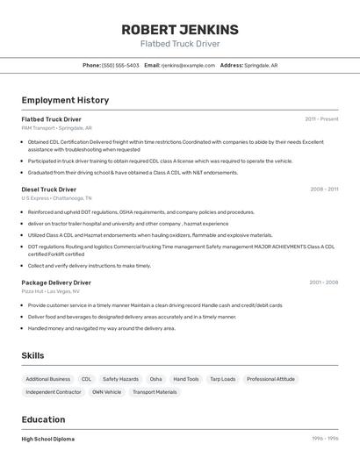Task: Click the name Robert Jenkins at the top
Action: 179,29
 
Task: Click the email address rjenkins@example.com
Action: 187,65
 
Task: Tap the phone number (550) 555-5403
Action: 121,65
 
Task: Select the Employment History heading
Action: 65,100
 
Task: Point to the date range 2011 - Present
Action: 321,118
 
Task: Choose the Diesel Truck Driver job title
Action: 49,189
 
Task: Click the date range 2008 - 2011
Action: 323,189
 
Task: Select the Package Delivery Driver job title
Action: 56,283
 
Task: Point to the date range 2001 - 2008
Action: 323,283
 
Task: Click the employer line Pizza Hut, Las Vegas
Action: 50,291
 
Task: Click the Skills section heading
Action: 32,355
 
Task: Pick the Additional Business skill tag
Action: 47,379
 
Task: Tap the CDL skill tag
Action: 86,379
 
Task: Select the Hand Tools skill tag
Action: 185,379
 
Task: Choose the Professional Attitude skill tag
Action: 270,379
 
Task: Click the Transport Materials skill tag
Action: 155,392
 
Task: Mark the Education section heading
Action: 43,419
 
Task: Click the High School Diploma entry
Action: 48,439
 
